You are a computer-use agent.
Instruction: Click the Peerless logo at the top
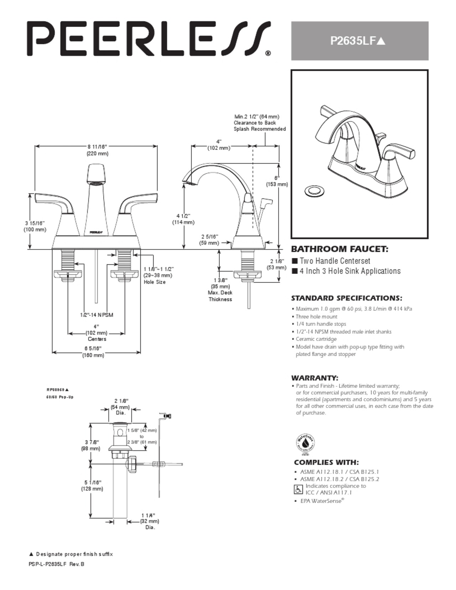tap(149, 38)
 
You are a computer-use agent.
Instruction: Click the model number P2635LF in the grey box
tap(357, 41)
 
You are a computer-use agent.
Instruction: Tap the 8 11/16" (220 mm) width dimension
tap(97, 150)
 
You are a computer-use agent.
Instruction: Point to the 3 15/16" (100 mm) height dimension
tap(35, 226)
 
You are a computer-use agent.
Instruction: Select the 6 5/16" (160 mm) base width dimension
tap(93, 352)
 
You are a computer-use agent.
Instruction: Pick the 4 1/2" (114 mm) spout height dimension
tap(183, 219)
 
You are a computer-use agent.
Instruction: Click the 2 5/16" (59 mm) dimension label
tap(209, 240)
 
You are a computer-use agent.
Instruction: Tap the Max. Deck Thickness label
tap(220, 296)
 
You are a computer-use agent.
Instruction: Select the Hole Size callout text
tap(155, 282)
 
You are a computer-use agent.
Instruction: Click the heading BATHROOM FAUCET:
tap(340, 249)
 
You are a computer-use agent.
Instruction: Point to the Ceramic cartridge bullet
tap(316, 339)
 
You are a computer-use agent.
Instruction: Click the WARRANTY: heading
tap(315, 378)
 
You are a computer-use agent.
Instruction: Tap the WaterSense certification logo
tap(306, 444)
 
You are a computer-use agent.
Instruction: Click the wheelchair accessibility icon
tap(298, 489)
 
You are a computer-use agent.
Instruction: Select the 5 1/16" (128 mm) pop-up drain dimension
tap(92, 486)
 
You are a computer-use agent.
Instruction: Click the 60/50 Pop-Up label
tap(59, 397)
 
